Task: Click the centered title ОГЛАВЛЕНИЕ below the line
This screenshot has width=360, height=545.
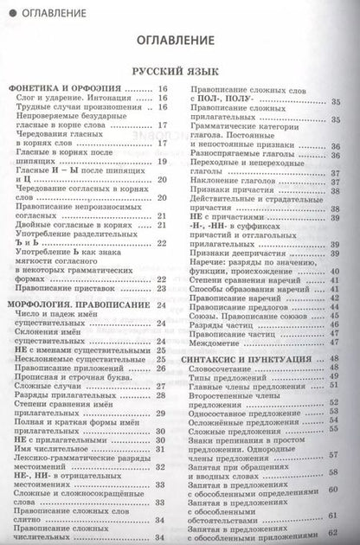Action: click(x=179, y=40)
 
